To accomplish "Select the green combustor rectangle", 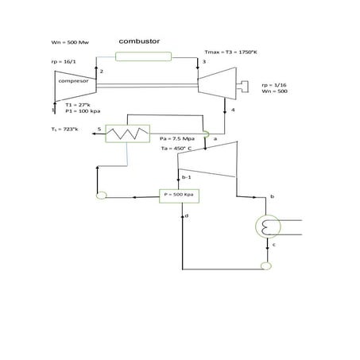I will pos(143,56).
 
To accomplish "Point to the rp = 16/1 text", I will pos(62,61).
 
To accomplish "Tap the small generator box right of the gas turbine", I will pos(252,84).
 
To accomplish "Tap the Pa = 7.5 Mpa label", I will pos(176,138).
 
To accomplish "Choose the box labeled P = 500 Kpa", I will pos(180,195).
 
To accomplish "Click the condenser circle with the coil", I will pos(265,227).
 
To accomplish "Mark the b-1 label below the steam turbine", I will pos(187,177).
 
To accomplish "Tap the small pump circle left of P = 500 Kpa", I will pos(101,195).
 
